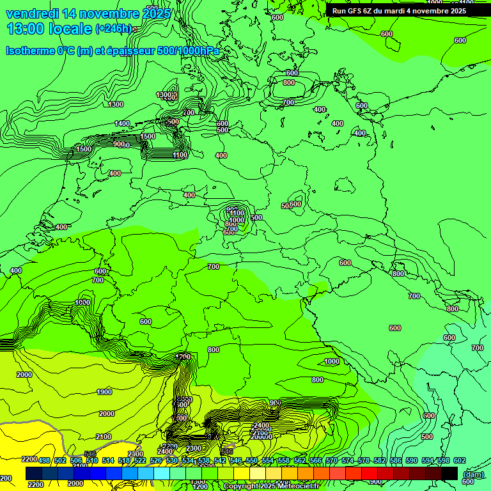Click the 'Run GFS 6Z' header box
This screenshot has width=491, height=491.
[x=399, y=11]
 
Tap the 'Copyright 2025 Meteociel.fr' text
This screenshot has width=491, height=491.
[x=271, y=487]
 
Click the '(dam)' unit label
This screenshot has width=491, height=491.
[x=472, y=474]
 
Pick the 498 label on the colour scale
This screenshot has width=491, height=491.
[x=44, y=460]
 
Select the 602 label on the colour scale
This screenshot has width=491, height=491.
[x=459, y=460]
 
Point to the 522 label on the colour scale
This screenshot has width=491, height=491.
[x=140, y=460]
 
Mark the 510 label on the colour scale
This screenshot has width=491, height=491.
[x=92, y=460]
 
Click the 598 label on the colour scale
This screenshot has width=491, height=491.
[x=444, y=460]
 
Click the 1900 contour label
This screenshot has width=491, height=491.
[x=104, y=392]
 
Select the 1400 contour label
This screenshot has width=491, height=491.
[x=122, y=123]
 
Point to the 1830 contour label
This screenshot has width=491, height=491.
[x=82, y=302]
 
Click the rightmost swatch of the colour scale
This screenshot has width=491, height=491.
[x=449, y=473]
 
